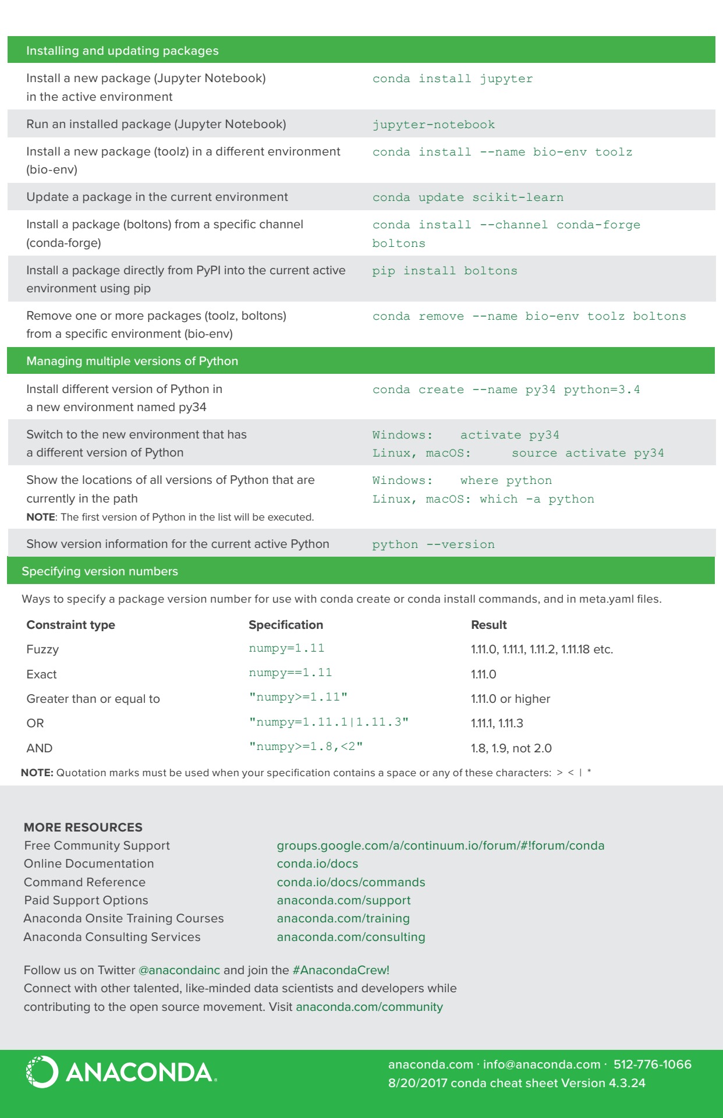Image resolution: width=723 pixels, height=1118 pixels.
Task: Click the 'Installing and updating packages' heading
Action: [122, 51]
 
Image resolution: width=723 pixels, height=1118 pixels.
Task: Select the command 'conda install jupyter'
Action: [452, 79]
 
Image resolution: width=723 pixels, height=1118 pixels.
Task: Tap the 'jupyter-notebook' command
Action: [434, 125]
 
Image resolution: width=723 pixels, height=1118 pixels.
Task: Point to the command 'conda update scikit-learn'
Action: [467, 197]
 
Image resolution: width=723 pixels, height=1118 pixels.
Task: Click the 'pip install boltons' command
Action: [445, 271]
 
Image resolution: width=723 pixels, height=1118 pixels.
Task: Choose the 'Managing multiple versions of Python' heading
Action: [132, 361]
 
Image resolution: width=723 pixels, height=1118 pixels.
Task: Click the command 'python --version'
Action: [433, 544]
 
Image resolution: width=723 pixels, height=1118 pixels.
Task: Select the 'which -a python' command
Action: [537, 499]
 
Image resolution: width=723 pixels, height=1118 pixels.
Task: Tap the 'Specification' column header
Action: [286, 625]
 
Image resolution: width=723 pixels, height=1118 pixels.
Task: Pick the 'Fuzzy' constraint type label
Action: [42, 649]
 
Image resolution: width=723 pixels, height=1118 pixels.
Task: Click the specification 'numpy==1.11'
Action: [290, 673]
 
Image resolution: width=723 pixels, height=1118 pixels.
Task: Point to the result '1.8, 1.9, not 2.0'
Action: [511, 748]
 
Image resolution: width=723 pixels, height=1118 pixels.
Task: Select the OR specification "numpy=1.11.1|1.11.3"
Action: [329, 722]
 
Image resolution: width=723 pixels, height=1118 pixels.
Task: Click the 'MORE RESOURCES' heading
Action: [83, 827]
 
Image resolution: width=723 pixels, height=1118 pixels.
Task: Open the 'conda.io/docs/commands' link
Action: [351, 882]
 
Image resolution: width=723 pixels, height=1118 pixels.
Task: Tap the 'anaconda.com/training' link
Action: [343, 918]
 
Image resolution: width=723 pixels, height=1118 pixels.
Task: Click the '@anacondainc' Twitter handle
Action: [179, 970]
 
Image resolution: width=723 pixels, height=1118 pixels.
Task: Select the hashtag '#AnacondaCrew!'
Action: [341, 970]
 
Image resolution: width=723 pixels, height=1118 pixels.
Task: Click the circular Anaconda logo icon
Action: [42, 1072]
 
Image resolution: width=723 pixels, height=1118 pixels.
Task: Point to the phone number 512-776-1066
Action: [653, 1064]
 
